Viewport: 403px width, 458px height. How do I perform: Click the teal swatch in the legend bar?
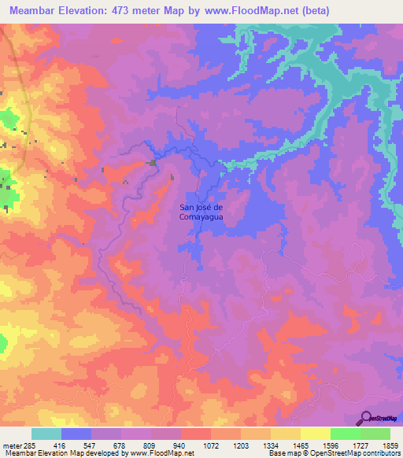click(x=46, y=434)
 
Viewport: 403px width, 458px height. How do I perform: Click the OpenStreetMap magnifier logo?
click(x=365, y=418)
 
